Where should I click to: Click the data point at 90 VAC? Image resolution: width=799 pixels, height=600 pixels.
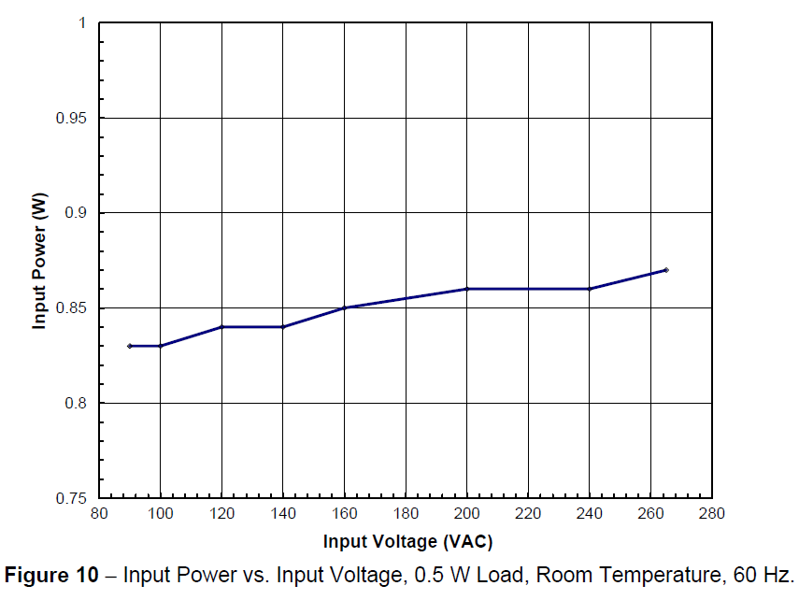(129, 346)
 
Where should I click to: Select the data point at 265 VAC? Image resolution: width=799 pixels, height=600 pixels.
(665, 270)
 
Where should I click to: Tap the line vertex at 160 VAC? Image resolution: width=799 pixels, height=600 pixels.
(344, 307)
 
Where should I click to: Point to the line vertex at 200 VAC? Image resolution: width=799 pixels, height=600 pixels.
(466, 289)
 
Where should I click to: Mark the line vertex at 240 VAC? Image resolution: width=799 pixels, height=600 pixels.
(589, 289)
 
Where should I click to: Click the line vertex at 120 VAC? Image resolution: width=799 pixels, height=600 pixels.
(221, 327)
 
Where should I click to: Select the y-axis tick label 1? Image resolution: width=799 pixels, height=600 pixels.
(82, 23)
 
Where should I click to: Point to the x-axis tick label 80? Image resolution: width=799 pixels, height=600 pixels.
(99, 513)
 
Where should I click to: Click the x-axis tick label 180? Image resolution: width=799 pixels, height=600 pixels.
(406, 513)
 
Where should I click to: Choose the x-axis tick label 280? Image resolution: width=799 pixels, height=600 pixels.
(711, 513)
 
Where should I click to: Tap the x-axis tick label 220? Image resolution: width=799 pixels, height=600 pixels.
(528, 513)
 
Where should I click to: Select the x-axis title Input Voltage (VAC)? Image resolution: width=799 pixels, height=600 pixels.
(407, 541)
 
